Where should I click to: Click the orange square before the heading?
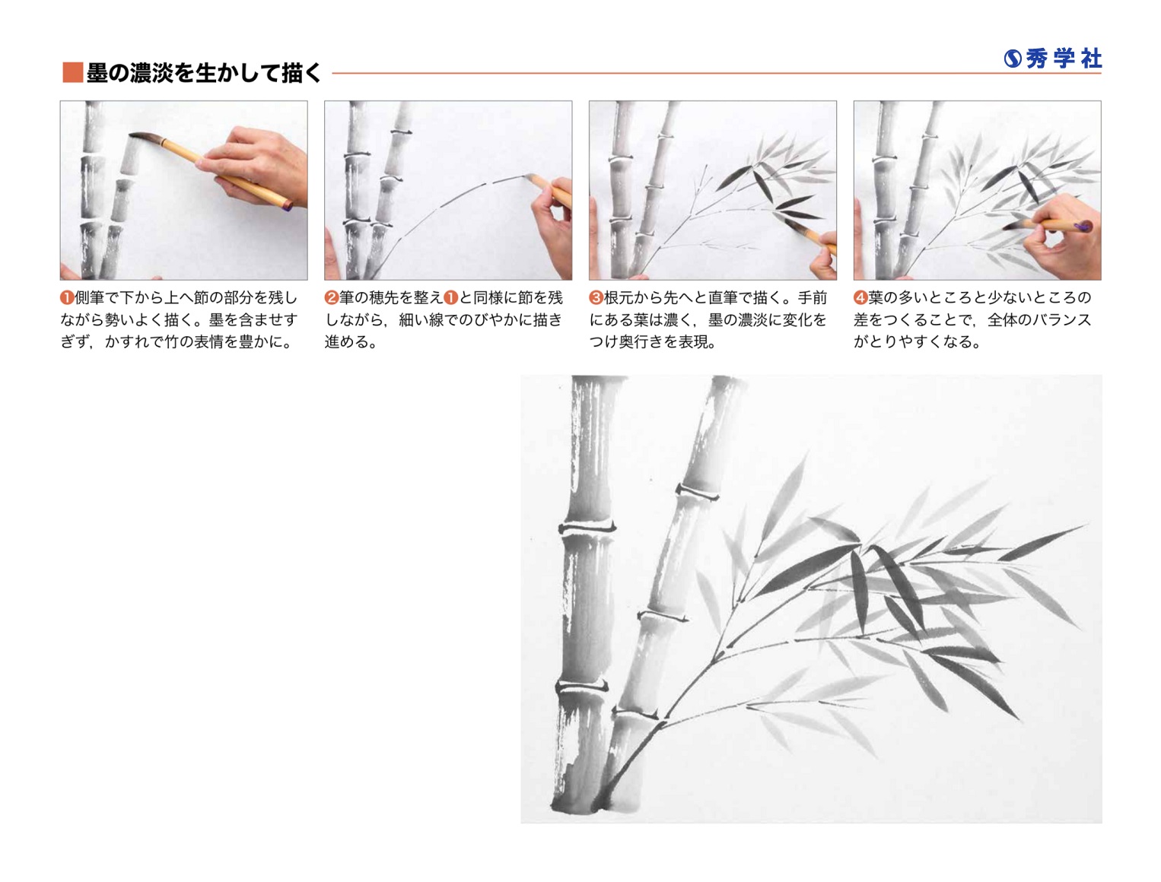pyautogui.click(x=72, y=72)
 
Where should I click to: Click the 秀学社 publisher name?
pyautogui.click(x=1064, y=59)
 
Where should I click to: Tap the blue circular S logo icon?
pyautogui.click(x=1013, y=59)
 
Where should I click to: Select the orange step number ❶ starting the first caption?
pyautogui.click(x=67, y=297)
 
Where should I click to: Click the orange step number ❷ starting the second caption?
pyautogui.click(x=331, y=297)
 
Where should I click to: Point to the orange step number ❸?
pyautogui.click(x=596, y=297)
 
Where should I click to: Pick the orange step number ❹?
pyautogui.click(x=860, y=297)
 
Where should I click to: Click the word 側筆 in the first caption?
pyautogui.click(x=89, y=297)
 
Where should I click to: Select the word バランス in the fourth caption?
pyautogui.click(x=1061, y=319)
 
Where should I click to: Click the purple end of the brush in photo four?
pyautogui.click(x=1083, y=226)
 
